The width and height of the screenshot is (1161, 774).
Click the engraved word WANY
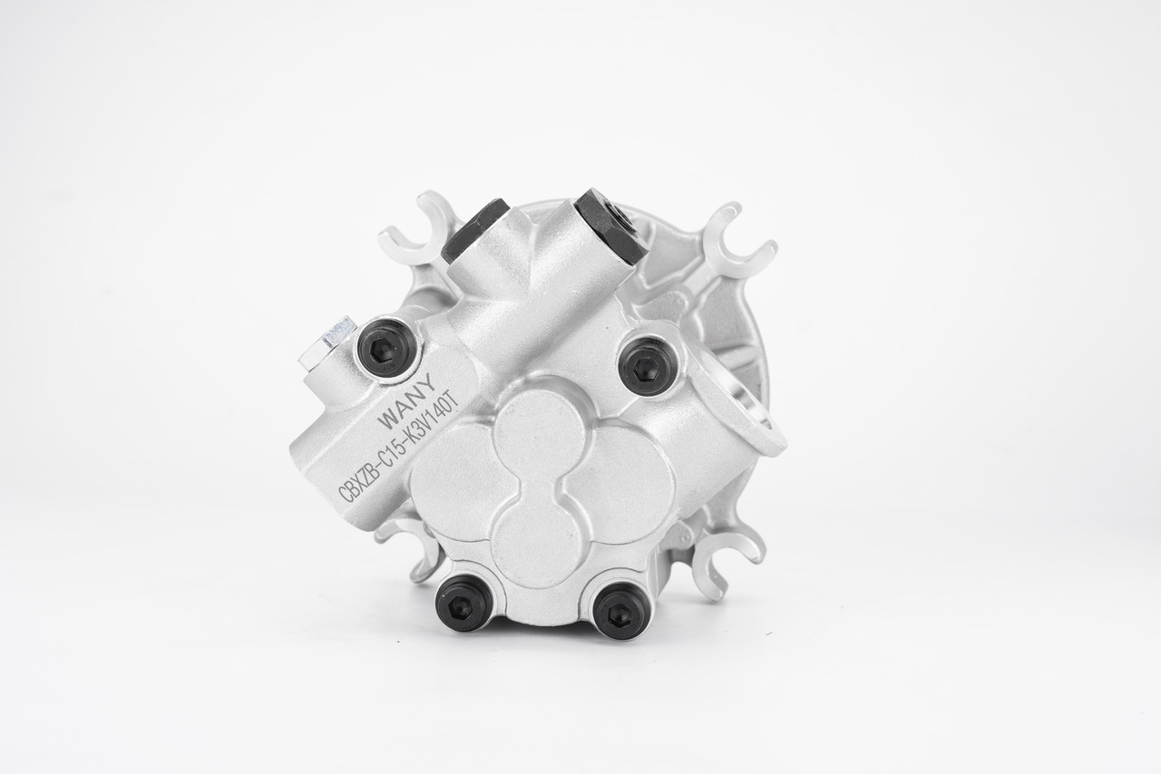point(406,403)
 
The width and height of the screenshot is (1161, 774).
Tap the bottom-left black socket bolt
point(463,602)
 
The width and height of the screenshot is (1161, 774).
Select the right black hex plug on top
point(611,227)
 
